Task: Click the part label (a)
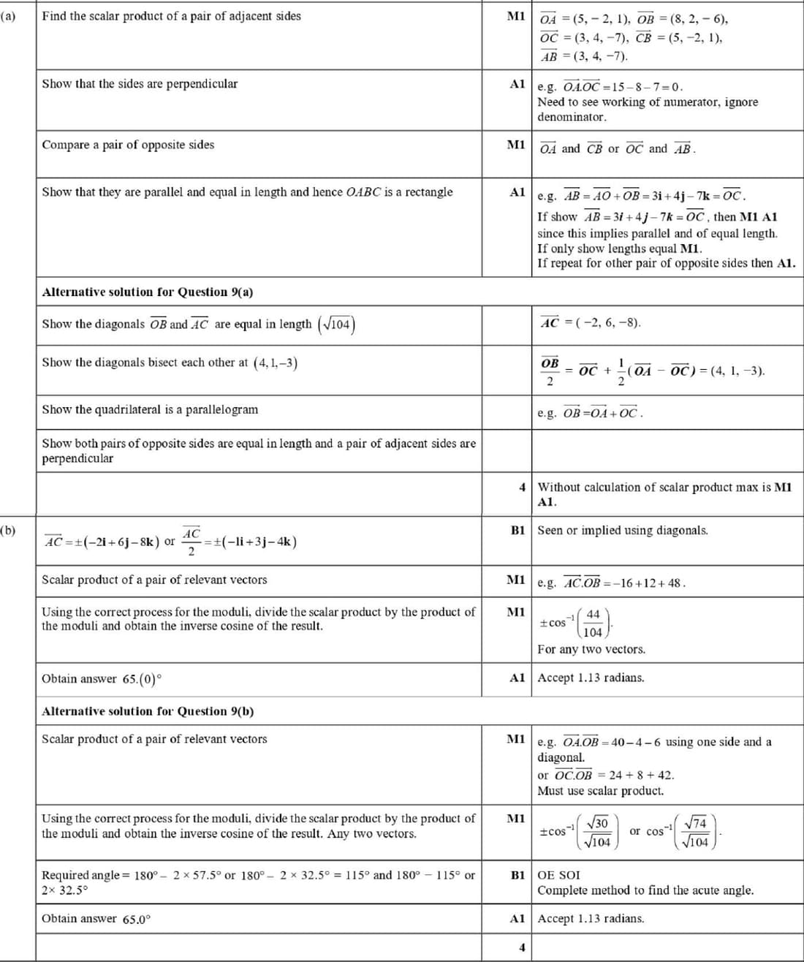tap(8, 16)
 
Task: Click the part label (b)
tap(8, 530)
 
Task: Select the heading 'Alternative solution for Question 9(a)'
tap(147, 292)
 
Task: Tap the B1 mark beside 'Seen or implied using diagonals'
tap(517, 530)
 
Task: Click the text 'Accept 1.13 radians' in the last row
tap(591, 918)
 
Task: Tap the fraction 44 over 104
tap(593, 623)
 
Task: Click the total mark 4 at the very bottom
tap(522, 947)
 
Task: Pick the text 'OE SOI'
tap(559, 875)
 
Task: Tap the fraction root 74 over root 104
tap(698, 832)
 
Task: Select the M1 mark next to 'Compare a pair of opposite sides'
tap(516, 145)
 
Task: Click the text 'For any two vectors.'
tap(591, 649)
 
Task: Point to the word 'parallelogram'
tap(221, 409)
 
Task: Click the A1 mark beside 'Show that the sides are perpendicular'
tap(517, 83)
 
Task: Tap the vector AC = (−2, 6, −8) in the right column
tap(590, 322)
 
